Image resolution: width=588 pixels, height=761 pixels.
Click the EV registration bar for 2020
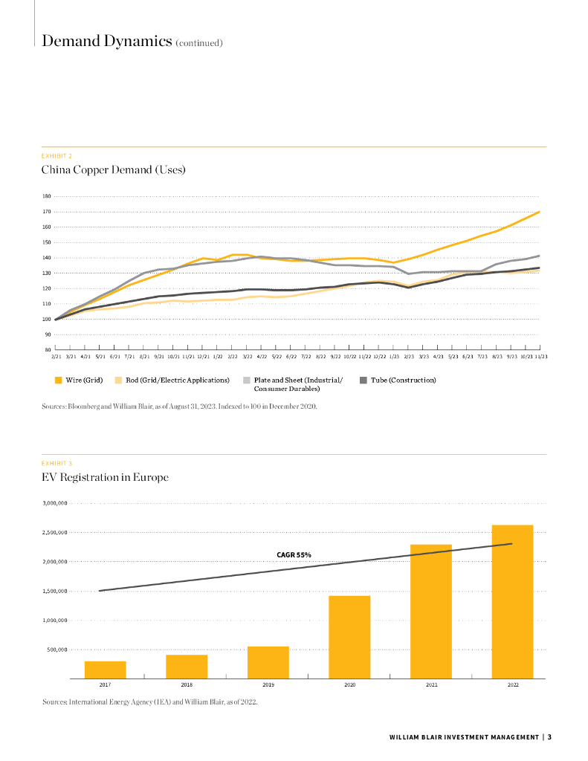point(349,637)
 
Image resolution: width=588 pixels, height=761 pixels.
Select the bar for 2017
point(105,670)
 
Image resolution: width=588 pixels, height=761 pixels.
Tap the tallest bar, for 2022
point(512,602)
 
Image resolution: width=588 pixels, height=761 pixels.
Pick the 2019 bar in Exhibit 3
point(268,662)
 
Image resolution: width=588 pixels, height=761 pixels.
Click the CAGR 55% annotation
point(294,554)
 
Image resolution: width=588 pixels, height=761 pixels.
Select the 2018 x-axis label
point(187,685)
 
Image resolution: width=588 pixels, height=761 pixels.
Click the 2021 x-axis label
point(431,685)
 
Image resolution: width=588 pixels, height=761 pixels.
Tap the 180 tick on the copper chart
point(46,196)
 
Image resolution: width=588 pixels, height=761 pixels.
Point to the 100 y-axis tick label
point(46,319)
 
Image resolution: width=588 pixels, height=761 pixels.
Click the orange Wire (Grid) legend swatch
point(58,380)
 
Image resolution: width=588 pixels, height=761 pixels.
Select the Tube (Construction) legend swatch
point(364,380)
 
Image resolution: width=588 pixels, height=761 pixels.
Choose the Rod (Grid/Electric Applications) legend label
point(177,380)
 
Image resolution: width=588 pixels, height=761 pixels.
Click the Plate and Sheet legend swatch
point(247,380)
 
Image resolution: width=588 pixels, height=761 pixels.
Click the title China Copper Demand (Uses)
point(113,169)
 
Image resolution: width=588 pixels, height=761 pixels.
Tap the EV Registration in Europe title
point(105,477)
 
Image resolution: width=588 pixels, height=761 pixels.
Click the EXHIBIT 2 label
point(56,155)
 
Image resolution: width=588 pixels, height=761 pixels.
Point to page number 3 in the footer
point(559,736)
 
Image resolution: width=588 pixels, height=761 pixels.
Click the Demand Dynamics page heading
point(106,41)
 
